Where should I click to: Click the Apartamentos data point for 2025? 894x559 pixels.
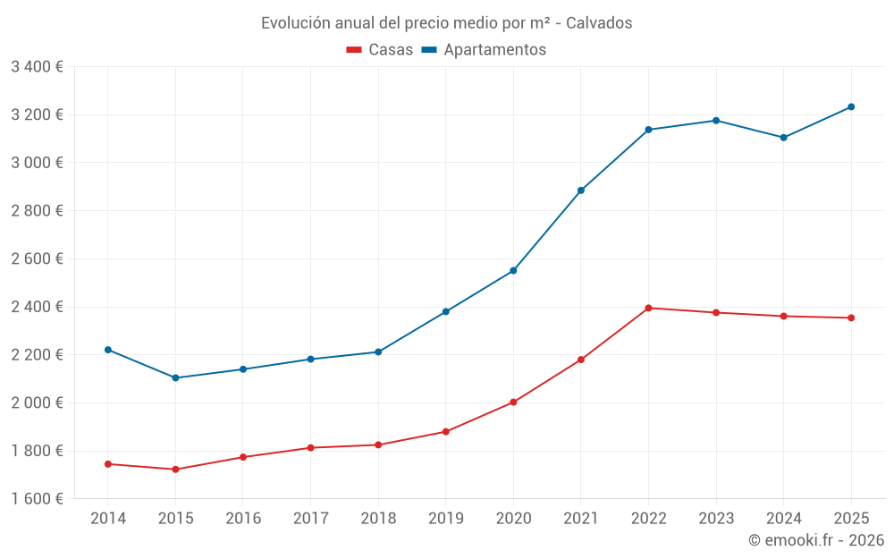tap(851, 107)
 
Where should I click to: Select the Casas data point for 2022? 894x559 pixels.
tap(648, 308)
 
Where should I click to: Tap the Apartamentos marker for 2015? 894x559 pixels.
tap(175, 377)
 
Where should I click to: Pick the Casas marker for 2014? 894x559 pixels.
tap(108, 464)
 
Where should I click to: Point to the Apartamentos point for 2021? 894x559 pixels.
tap(581, 191)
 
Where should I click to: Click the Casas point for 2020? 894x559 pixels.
tap(513, 402)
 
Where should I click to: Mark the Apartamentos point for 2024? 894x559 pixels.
tap(784, 138)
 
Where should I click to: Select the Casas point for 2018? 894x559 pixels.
tap(378, 445)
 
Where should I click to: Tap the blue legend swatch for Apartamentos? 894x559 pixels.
tap(428, 50)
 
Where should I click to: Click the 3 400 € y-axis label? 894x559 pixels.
tap(37, 66)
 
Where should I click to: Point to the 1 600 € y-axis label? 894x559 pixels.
tap(37, 499)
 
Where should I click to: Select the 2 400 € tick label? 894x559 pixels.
tap(37, 307)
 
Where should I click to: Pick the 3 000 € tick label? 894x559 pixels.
tap(37, 163)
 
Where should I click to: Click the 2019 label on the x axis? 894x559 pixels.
tap(445, 519)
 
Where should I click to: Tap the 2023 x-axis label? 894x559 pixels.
tap(716, 519)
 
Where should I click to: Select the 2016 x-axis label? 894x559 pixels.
tap(243, 519)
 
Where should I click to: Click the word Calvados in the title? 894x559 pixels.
tap(599, 23)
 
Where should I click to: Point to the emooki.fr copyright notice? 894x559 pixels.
tap(815, 540)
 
